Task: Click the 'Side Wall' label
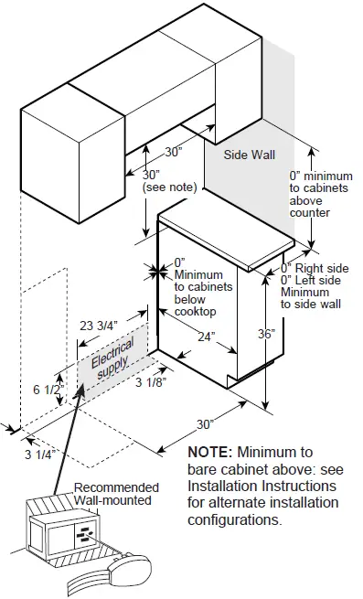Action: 249,155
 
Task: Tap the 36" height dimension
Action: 266,334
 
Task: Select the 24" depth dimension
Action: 207,337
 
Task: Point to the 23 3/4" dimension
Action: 99,326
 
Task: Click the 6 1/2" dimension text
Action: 48,390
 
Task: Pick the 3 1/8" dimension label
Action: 151,382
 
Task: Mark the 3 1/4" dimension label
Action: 40,455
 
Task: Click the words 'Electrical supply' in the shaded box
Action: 112,358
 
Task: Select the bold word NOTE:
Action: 209,453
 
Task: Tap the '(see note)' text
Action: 170,187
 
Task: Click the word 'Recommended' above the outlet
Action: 116,487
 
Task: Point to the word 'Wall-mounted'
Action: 112,500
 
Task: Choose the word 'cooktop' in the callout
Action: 196,311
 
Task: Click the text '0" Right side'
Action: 315,268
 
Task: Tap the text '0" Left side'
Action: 311,280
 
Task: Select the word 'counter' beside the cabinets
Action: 309,213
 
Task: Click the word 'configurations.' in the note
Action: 235,520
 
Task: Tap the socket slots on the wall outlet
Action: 85,533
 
